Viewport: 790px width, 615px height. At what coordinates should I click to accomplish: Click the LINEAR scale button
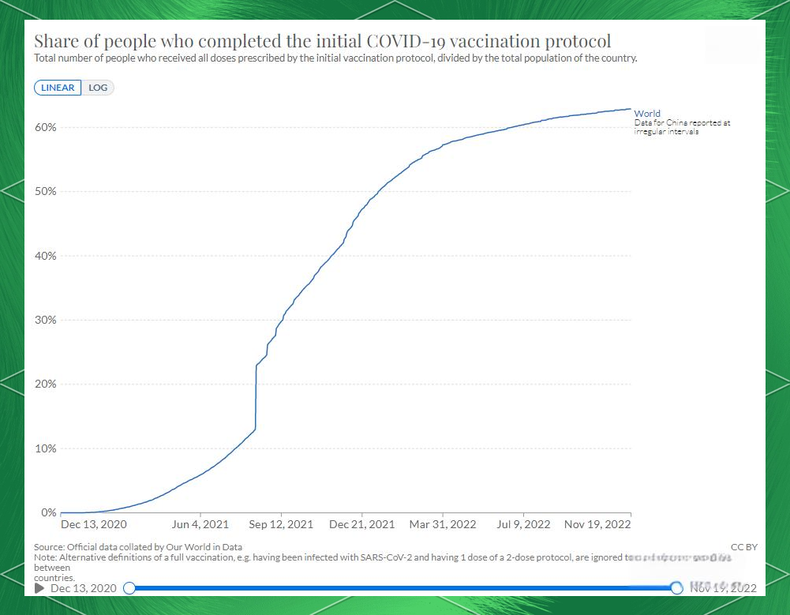58,88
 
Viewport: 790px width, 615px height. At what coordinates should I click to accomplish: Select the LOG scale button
98,88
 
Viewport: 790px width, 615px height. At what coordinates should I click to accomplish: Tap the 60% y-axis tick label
45,128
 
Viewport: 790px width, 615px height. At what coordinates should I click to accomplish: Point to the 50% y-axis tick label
45,192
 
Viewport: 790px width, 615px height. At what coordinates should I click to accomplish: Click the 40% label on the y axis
45,256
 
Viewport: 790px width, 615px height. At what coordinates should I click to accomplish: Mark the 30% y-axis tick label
45,321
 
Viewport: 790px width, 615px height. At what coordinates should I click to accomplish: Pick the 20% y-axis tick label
45,384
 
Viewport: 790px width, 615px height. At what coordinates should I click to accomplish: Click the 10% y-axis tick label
45,449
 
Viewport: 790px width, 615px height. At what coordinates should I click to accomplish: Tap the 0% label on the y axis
48,513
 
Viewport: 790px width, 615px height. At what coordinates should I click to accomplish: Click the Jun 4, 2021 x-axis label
200,524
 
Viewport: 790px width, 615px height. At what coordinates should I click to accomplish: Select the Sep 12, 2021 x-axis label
282,524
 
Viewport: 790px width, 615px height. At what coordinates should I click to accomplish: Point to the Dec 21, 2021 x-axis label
362,524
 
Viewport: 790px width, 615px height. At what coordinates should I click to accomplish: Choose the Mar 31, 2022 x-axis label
443,524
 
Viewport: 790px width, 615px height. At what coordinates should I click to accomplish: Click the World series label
647,114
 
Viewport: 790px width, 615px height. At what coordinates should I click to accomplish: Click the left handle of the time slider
129,588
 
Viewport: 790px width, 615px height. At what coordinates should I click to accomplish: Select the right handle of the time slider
676,588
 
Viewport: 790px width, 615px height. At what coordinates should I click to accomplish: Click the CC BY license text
744,547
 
